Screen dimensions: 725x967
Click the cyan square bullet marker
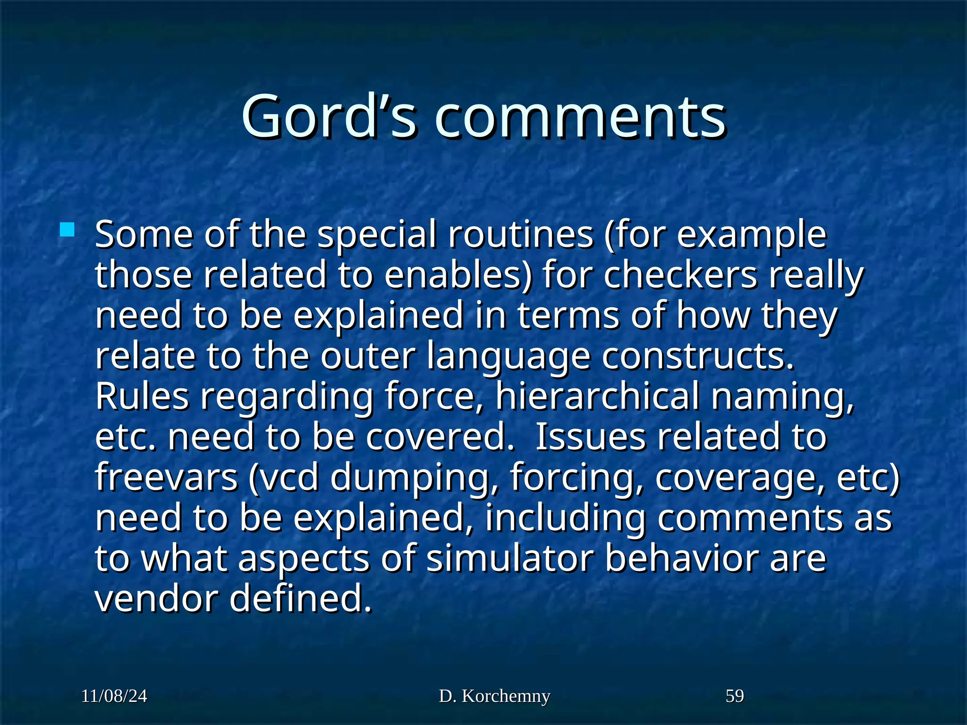[68, 230]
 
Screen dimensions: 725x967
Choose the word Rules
[142, 396]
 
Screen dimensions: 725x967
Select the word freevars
[166, 477]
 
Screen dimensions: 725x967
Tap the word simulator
[509, 558]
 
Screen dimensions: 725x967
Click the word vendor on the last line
[157, 599]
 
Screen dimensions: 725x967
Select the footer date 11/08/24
[114, 696]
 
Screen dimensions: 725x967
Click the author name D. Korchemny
[494, 696]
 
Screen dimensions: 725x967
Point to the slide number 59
[735, 696]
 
